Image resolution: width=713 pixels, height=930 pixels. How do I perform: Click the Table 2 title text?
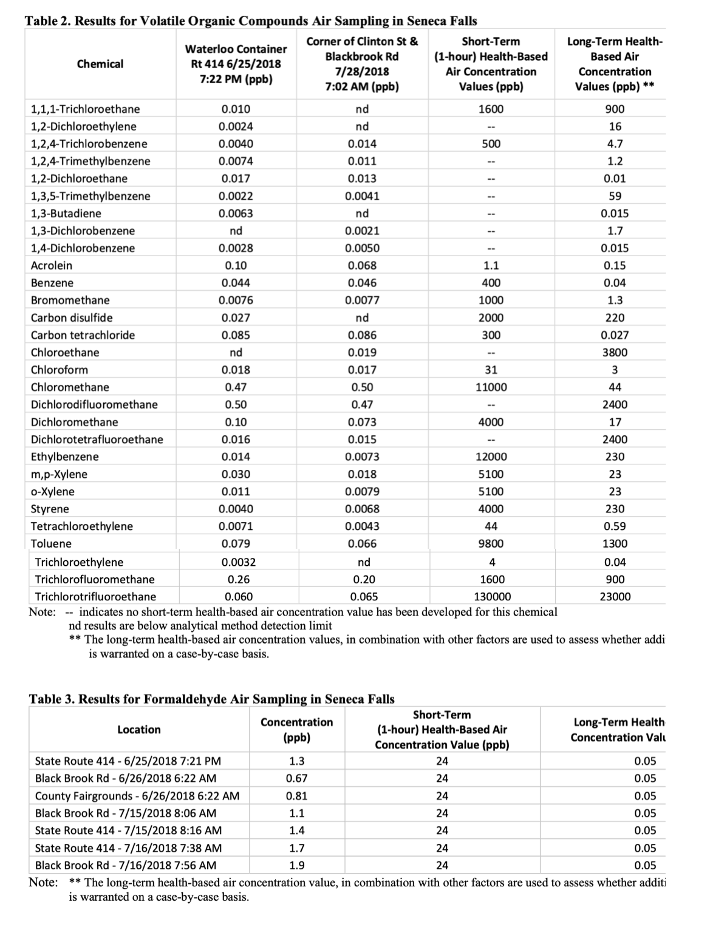coord(250,21)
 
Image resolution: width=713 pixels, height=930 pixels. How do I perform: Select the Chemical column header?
coord(100,64)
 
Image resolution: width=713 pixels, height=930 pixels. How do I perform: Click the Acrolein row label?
coord(52,265)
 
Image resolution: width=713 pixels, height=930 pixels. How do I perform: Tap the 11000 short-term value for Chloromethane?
coord(491,387)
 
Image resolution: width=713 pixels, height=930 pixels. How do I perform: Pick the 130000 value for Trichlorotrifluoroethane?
coord(492,597)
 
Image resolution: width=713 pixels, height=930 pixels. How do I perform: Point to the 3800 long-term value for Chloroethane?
coord(615,353)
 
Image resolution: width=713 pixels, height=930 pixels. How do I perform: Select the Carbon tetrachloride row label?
coord(83,335)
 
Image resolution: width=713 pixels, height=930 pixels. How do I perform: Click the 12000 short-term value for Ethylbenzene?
coord(491,457)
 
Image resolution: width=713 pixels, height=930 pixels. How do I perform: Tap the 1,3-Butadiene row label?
coord(66,214)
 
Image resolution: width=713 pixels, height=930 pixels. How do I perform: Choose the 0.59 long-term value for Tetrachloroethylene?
coord(615,526)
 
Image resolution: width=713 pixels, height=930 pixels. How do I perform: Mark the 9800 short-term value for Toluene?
coord(491,544)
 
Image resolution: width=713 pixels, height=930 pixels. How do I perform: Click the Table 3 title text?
coord(211,699)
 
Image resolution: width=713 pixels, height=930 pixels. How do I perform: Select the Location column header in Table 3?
coord(139,730)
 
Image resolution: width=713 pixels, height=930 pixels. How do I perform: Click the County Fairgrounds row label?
coord(137,796)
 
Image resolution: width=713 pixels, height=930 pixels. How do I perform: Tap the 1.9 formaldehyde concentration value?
coord(297,866)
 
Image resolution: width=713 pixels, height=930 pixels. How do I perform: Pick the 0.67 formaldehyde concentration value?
coord(297,778)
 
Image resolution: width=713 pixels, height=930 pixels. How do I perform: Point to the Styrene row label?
coord(50,509)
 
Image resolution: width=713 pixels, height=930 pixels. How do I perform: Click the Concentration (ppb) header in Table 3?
coord(297,730)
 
